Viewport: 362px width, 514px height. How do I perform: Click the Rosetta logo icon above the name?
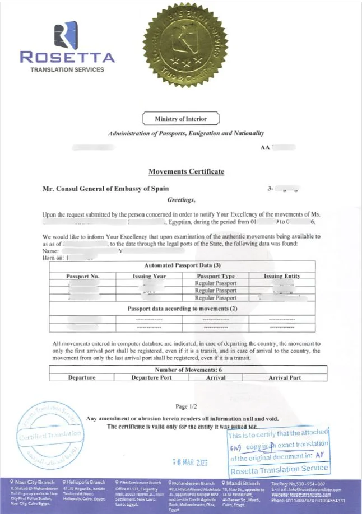pyautogui.click(x=66, y=34)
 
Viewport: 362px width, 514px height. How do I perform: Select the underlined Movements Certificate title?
pyautogui.click(x=186, y=171)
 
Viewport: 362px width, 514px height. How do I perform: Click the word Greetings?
pyautogui.click(x=182, y=199)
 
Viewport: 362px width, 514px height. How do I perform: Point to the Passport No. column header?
pyautogui.click(x=82, y=276)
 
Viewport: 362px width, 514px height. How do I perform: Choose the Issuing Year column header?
pyautogui.click(x=148, y=276)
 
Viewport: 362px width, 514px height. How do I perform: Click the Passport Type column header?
pyautogui.click(x=216, y=276)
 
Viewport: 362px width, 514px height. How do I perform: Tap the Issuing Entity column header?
pyautogui.click(x=282, y=276)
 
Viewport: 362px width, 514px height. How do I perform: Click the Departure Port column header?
pyautogui.click(x=151, y=377)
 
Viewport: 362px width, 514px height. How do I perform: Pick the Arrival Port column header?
pyautogui.click(x=285, y=377)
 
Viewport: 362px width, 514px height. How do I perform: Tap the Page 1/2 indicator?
pyautogui.click(x=186, y=406)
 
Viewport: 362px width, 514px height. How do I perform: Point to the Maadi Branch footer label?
pyautogui.click(x=243, y=483)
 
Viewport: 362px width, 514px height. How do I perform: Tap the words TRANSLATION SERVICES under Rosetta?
pyautogui.click(x=67, y=69)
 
